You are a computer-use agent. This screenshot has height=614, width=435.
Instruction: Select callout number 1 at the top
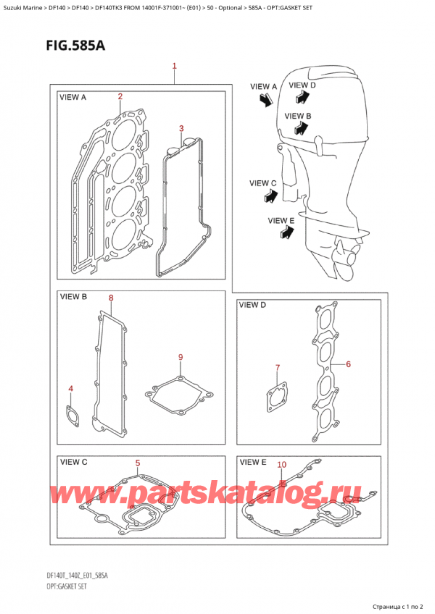[175, 66]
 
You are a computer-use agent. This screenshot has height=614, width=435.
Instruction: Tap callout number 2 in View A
[120, 96]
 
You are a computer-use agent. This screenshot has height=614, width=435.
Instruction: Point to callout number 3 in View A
[183, 129]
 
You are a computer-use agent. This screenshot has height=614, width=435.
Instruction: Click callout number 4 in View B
[70, 390]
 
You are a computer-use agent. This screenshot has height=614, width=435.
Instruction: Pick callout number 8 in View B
[111, 298]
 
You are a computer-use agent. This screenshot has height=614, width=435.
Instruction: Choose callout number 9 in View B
[181, 357]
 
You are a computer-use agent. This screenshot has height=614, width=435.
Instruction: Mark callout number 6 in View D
[348, 363]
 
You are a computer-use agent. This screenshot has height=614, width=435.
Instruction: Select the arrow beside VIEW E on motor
[287, 232]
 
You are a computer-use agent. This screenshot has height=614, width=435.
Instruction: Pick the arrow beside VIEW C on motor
[270, 195]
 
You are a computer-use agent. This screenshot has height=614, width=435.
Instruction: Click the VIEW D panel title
[253, 306]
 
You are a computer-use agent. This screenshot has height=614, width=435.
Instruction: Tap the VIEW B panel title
[73, 297]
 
